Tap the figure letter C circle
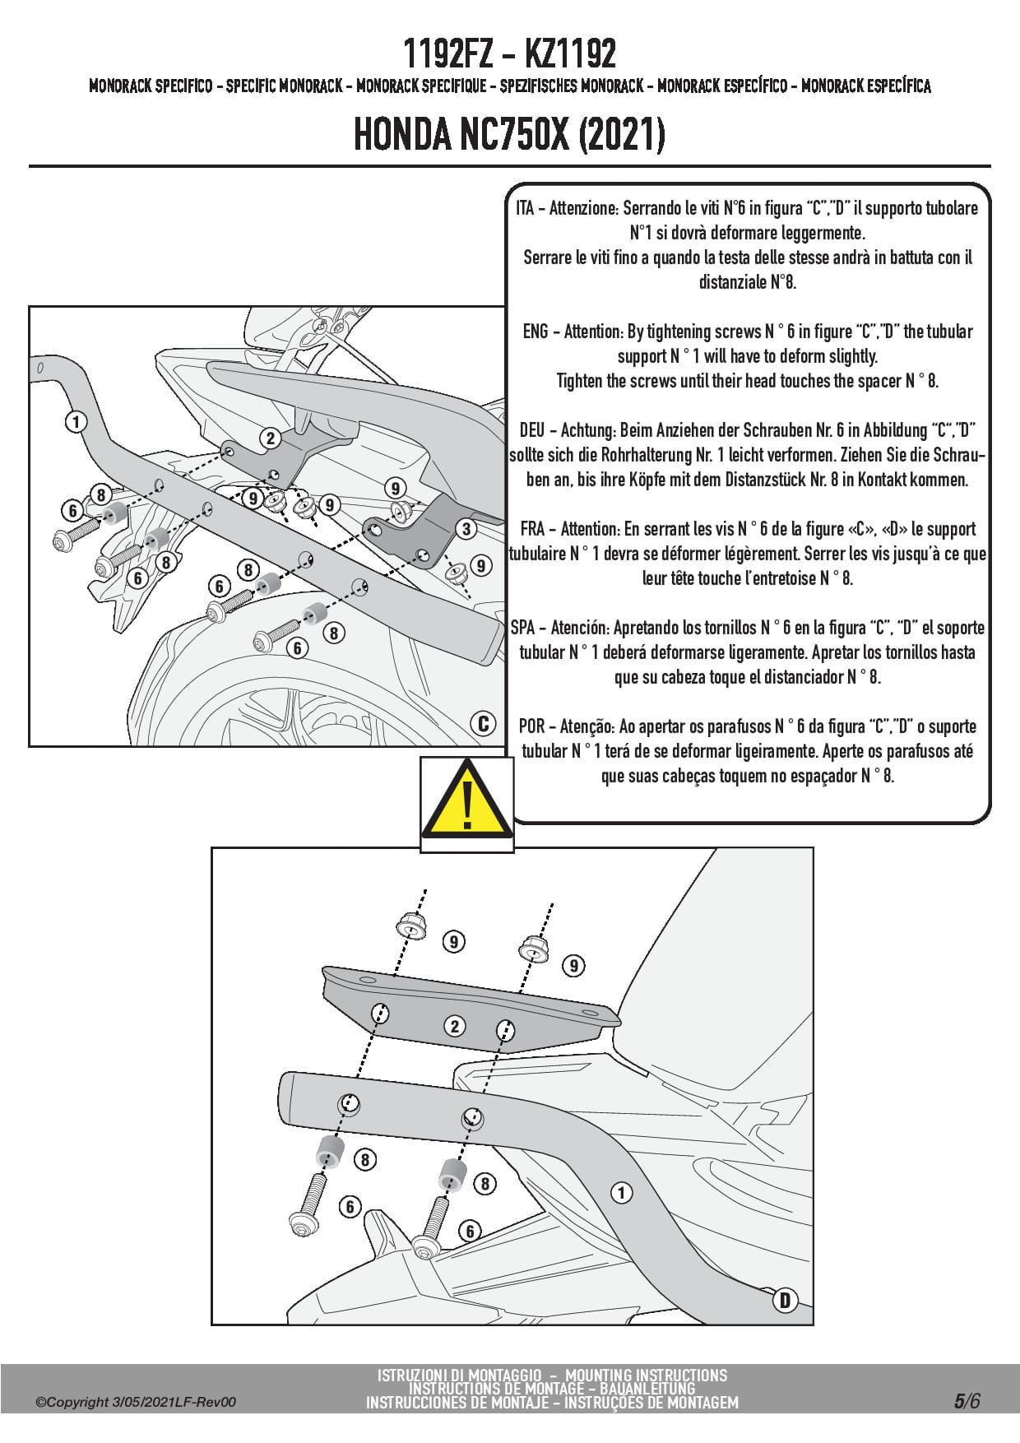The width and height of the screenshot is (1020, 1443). click(x=484, y=723)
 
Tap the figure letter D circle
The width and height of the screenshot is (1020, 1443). click(x=785, y=1300)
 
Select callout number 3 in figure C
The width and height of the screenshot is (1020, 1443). click(x=466, y=528)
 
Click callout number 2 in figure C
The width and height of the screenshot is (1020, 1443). click(x=270, y=438)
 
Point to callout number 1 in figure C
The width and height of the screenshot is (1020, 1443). click(x=76, y=422)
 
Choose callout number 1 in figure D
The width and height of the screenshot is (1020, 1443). click(x=621, y=1192)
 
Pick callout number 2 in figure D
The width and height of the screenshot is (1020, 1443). click(x=454, y=1026)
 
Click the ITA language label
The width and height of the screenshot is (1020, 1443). click(x=525, y=208)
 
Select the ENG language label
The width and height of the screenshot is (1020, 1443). click(x=535, y=332)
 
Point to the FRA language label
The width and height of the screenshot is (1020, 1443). click(x=533, y=529)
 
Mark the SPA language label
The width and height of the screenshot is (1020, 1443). click(x=523, y=628)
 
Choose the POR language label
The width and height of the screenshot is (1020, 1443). click(x=531, y=726)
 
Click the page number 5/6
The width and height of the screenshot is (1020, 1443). click(x=967, y=1401)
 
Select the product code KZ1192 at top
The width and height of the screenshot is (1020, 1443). click(x=569, y=54)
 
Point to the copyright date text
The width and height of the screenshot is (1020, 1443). click(x=136, y=1402)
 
